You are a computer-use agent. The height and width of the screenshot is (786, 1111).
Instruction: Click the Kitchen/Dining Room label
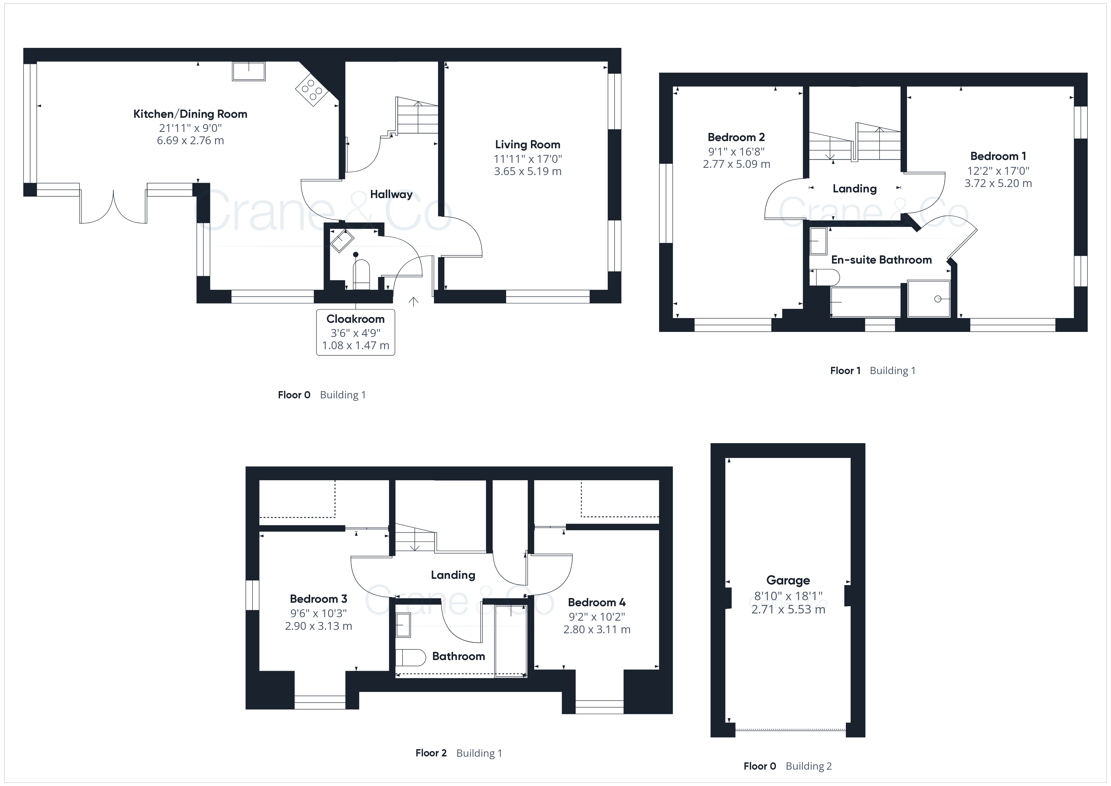click(x=190, y=114)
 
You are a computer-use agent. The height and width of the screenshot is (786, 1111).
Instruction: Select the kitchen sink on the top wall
click(x=249, y=71)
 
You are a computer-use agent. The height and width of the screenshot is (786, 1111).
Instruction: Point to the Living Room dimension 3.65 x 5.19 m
click(x=527, y=171)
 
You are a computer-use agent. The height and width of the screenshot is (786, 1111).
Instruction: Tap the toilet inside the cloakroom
click(x=362, y=274)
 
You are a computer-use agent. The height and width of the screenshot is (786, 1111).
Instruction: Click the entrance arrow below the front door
click(x=413, y=302)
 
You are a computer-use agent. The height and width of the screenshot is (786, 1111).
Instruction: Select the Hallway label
click(x=391, y=195)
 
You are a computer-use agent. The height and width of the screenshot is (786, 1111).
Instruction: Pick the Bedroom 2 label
click(x=736, y=137)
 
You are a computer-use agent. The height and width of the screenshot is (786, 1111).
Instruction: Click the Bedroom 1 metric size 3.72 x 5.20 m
click(x=998, y=184)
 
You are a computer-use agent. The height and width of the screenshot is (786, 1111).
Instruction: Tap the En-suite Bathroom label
click(x=881, y=260)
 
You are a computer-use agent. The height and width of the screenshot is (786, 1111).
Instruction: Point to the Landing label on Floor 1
click(x=855, y=189)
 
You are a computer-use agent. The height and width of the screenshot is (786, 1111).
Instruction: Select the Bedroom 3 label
click(x=318, y=599)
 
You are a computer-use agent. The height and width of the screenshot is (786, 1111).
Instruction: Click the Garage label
click(x=788, y=580)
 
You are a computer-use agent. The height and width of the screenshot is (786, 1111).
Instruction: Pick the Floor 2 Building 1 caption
click(x=459, y=753)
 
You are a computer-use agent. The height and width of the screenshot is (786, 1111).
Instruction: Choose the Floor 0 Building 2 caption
click(x=787, y=766)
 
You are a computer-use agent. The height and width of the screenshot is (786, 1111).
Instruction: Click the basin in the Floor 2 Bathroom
click(x=403, y=625)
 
